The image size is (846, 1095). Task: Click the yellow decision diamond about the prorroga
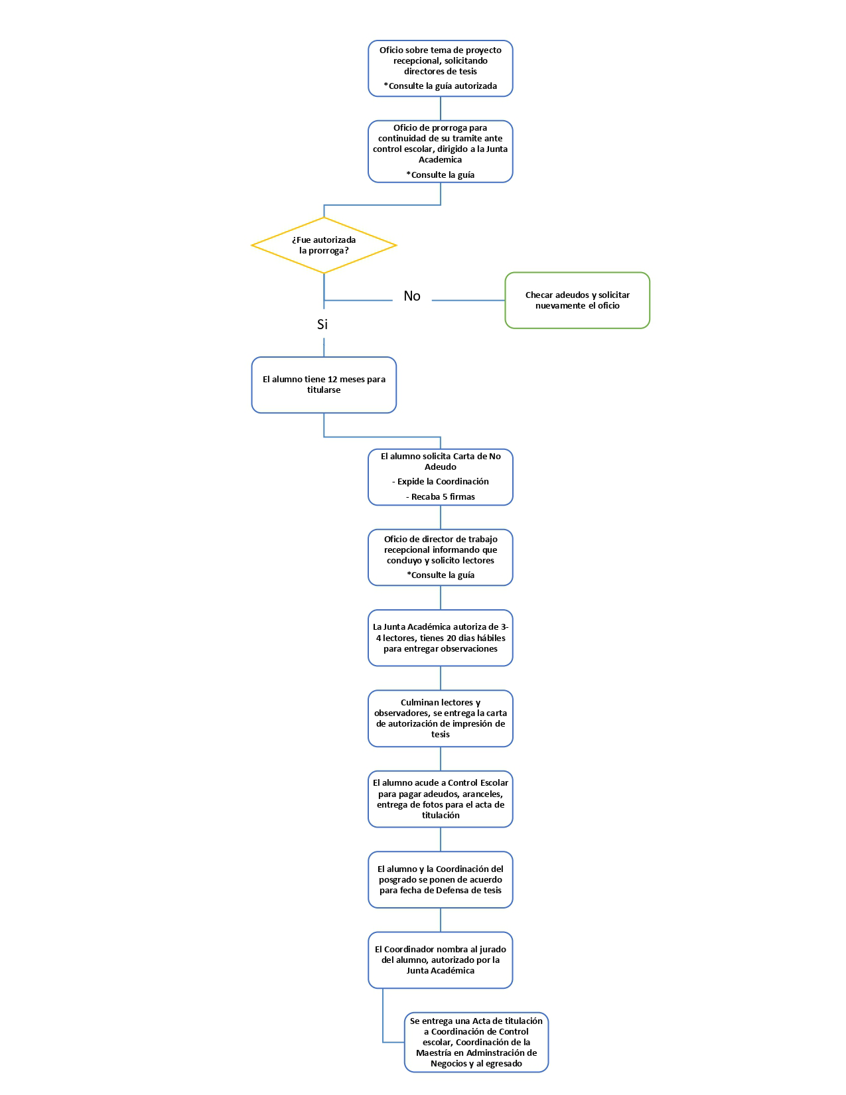324,246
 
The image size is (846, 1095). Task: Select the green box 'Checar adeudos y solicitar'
577,301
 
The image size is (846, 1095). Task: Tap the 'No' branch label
412,296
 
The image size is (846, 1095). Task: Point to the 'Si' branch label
322,325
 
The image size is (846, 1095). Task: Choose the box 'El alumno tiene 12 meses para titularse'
324,385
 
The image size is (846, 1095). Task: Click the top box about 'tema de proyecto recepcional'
441,68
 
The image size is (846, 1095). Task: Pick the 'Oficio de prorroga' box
441,151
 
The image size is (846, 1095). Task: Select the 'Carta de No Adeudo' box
441,477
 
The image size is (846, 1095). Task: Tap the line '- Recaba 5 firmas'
441,497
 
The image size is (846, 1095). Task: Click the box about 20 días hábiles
441,638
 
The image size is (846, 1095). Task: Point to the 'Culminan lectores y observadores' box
441,719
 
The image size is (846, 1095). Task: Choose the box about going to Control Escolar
441,799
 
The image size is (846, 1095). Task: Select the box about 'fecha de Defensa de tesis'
441,880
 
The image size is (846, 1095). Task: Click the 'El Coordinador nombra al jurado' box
441,960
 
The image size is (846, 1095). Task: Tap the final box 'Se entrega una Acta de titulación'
476,1042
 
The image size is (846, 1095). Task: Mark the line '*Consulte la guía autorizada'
441,86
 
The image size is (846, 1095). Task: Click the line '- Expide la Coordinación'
441,482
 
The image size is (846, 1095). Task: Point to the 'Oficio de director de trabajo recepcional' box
441,557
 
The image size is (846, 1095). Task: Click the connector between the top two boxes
441,109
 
